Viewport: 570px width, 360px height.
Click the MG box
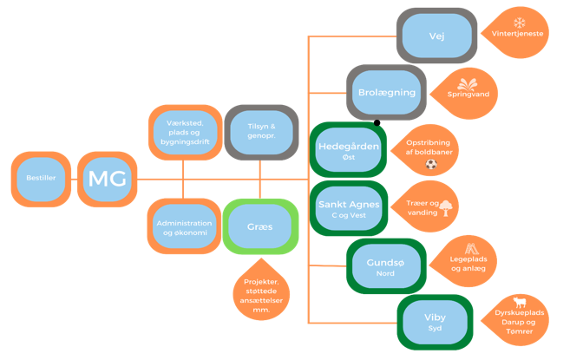tap(107, 180)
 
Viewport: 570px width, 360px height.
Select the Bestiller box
tap(41, 179)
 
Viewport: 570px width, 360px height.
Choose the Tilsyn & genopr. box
tap(260, 134)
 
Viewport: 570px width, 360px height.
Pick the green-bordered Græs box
tap(259, 226)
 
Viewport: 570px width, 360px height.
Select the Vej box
tap(436, 36)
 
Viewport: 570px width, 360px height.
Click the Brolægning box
tap(387, 92)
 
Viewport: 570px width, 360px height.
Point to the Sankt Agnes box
tap(347, 208)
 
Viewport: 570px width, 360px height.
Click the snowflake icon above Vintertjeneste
tap(520, 23)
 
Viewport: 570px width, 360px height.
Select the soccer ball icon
tap(431, 164)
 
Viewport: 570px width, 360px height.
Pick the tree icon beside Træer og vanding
tap(446, 208)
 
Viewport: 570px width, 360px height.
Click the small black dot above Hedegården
tap(377, 122)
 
